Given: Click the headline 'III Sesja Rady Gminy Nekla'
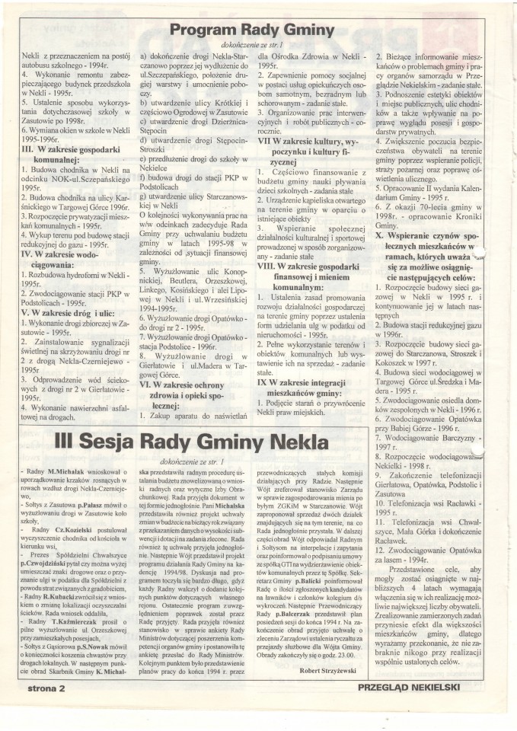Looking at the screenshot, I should click(259, 441).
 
